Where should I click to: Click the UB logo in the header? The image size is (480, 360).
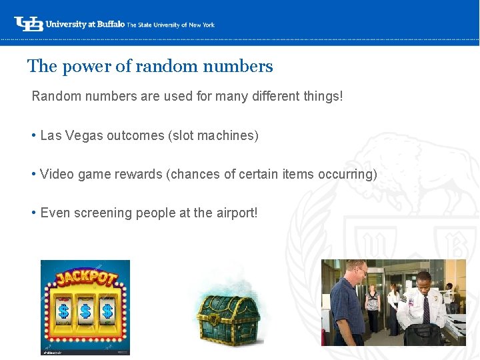(29, 24)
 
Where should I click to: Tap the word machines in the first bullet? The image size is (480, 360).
(227, 136)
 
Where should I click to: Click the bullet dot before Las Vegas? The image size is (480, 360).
(33, 136)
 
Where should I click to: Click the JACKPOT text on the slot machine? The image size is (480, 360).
(85, 279)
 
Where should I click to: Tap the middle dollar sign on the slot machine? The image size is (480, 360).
(85, 311)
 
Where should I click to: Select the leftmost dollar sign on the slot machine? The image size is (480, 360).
(64, 311)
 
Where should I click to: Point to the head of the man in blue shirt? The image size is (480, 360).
(357, 269)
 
